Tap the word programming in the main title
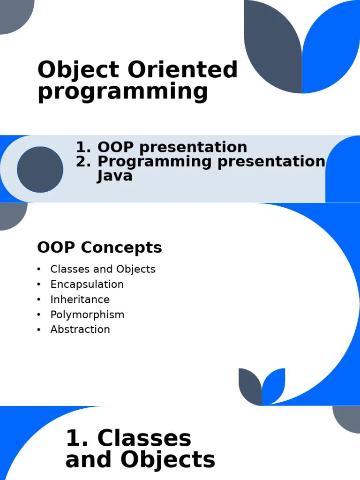[x=122, y=92]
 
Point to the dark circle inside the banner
[x=40, y=169]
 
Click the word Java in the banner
[x=115, y=176]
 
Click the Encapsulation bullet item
[x=87, y=285]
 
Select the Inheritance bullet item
[x=80, y=300]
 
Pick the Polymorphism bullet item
[x=87, y=315]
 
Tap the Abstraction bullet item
[x=80, y=330]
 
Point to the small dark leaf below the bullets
[x=251, y=387]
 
